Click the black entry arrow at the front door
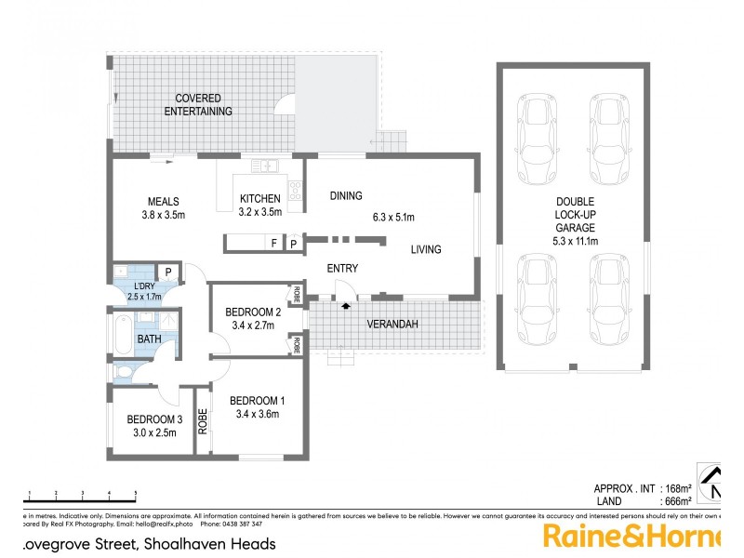[346, 303]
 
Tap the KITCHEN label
[260, 199]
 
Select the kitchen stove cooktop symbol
[296, 191]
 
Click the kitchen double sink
[265, 166]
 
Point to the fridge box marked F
[273, 244]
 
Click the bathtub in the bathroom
[124, 334]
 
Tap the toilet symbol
[124, 372]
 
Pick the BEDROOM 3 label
[153, 418]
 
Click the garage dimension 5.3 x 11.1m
[577, 241]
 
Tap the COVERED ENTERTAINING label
[198, 105]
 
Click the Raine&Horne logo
[632, 537]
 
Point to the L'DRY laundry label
[144, 286]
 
